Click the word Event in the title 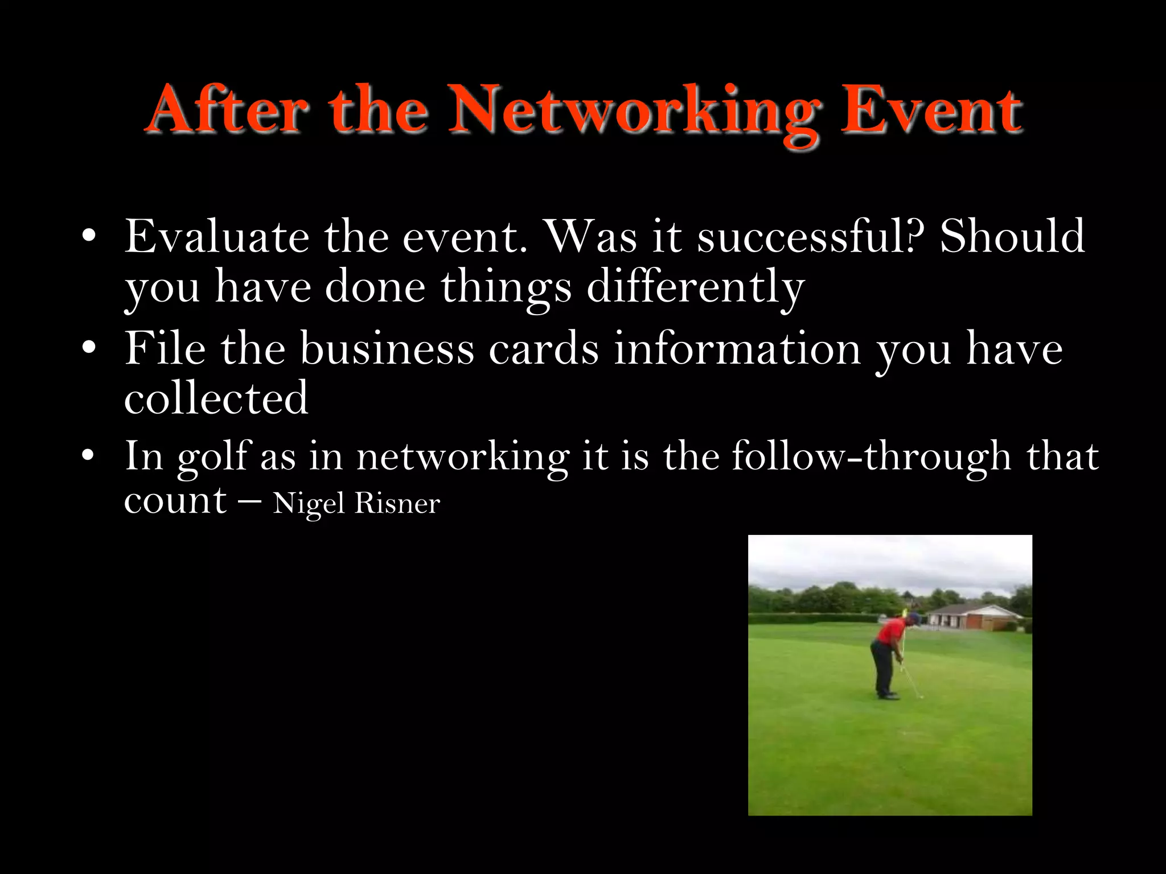click(x=932, y=111)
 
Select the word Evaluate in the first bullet click(x=217, y=236)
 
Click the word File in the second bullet click(x=165, y=348)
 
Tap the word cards click(x=544, y=348)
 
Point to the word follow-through click(x=871, y=456)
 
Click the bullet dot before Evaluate click(x=88, y=236)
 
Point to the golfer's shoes click(x=887, y=695)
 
